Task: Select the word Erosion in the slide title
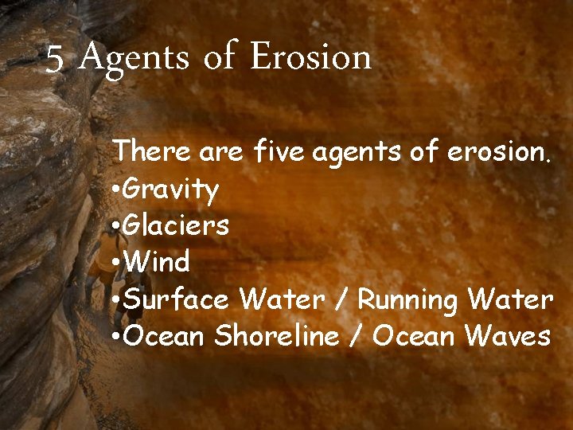(x=310, y=57)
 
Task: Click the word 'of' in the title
(x=219, y=58)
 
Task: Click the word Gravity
(x=171, y=190)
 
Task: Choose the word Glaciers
(x=177, y=225)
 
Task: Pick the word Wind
(x=158, y=262)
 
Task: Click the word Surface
(x=177, y=299)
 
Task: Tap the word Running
(x=407, y=300)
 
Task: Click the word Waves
(x=508, y=336)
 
